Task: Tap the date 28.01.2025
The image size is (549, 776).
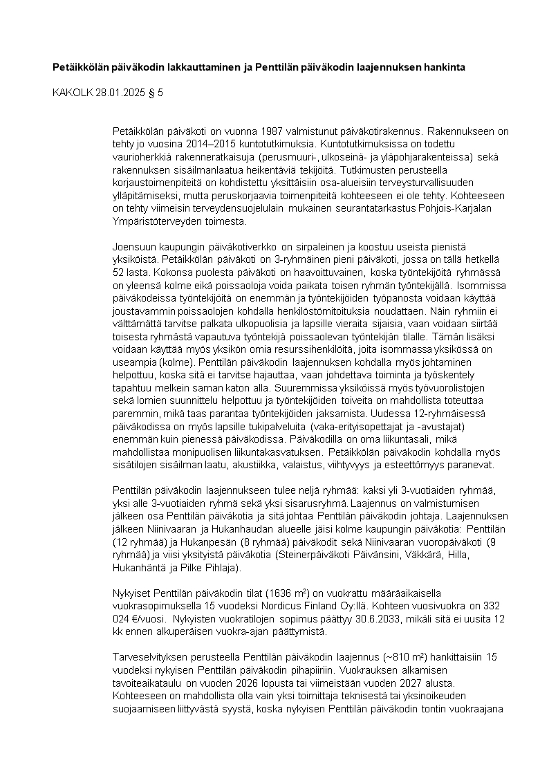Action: pos(120,93)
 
